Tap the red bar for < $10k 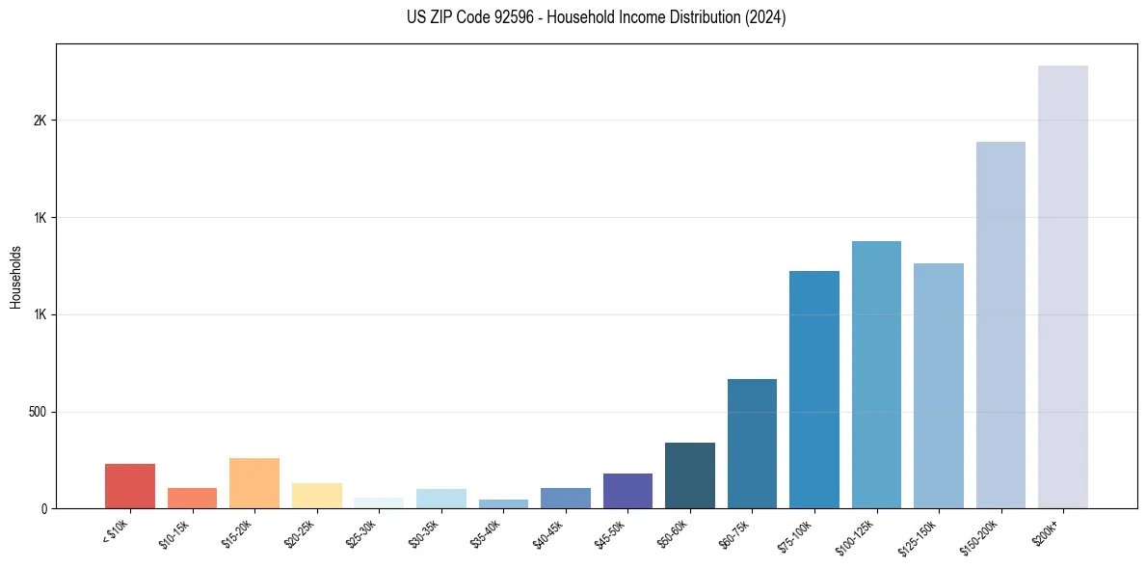[x=130, y=486]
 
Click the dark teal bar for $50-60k [x=690, y=475]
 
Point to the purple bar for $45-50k [x=627, y=491]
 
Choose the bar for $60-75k [x=752, y=444]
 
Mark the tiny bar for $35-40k [x=503, y=503]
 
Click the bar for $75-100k [x=814, y=390]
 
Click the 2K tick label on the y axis [x=40, y=121]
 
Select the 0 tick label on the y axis [x=43, y=508]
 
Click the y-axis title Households [x=15, y=277]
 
